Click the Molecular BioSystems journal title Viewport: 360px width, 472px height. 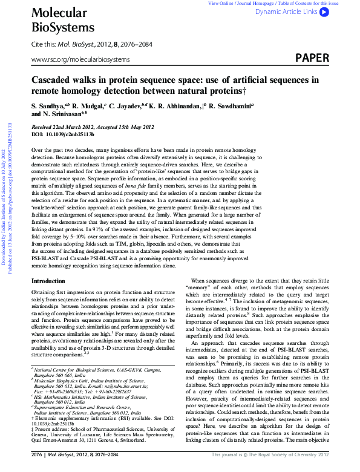coord(57,19)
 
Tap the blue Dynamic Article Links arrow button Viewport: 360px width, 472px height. coord(324,11)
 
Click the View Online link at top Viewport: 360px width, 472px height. coord(221,3)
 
